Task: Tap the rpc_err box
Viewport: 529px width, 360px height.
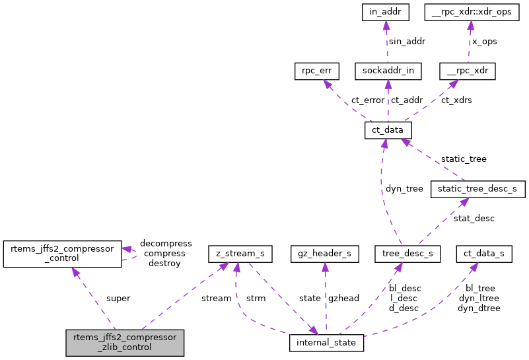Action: [x=317, y=71]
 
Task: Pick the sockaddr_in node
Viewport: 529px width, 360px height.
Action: [x=388, y=71]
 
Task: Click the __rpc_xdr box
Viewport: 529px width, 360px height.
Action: [x=467, y=71]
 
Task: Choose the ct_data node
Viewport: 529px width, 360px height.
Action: [x=388, y=130]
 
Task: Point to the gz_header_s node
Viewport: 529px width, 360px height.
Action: [x=325, y=253]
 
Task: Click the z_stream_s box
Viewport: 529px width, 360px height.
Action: [x=236, y=253]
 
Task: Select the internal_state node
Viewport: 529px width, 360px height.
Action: [x=327, y=343]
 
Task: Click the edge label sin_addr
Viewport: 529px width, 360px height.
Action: [x=407, y=41]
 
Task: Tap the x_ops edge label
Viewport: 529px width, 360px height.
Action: [x=483, y=41]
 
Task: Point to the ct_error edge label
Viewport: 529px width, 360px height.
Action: [x=368, y=100]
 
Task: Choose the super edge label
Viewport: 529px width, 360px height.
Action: [x=118, y=298]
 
